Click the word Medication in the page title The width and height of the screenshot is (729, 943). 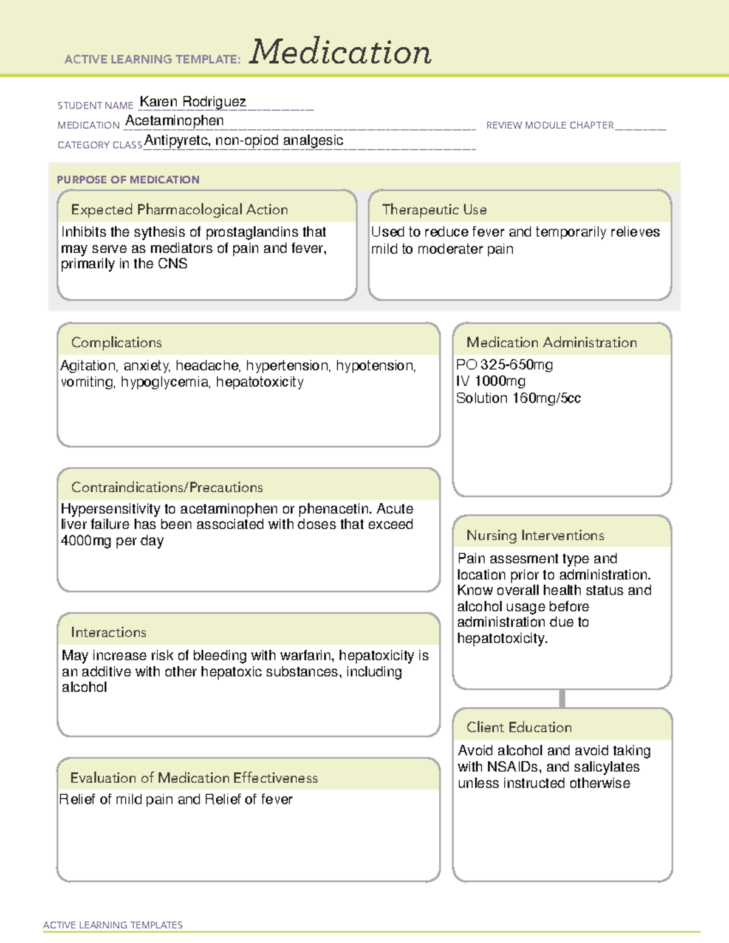pos(340,52)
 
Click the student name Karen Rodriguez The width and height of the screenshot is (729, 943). pos(193,101)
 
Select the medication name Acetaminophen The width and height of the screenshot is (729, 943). pos(174,121)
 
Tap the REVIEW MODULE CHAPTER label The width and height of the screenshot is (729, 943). pos(550,125)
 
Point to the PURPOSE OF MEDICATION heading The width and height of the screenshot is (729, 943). pos(128,180)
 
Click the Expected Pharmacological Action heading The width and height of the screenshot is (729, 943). pos(179,209)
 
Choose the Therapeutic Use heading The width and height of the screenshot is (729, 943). pos(434,209)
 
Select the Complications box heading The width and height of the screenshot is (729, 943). pos(116,342)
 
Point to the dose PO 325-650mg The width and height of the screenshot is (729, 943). pos(504,365)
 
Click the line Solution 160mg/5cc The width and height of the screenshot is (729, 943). pos(518,398)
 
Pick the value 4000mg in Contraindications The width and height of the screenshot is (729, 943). pos(86,540)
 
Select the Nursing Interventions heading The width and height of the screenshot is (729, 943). pos(535,536)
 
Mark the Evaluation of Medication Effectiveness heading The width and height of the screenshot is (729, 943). pos(194,778)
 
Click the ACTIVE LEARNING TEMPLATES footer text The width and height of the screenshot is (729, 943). pos(112,925)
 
